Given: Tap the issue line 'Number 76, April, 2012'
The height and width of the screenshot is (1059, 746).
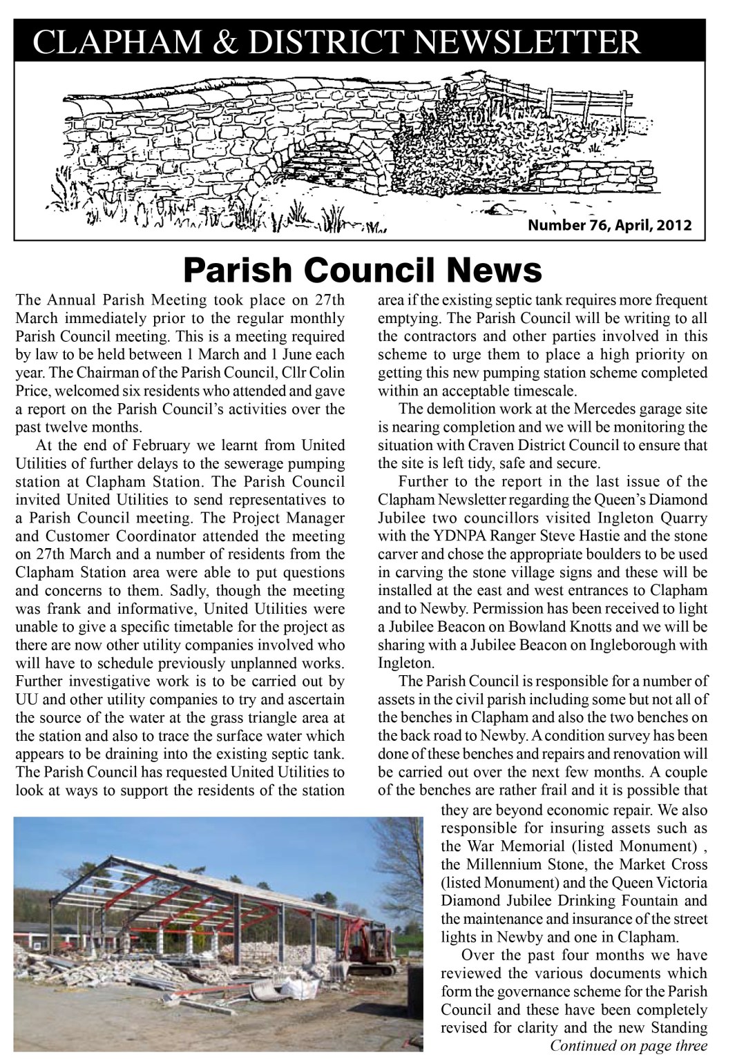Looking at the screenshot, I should tap(610, 225).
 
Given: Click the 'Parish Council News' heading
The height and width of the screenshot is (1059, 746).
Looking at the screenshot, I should tap(363, 270).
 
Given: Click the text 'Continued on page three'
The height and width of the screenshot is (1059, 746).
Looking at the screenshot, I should tap(629, 1045).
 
